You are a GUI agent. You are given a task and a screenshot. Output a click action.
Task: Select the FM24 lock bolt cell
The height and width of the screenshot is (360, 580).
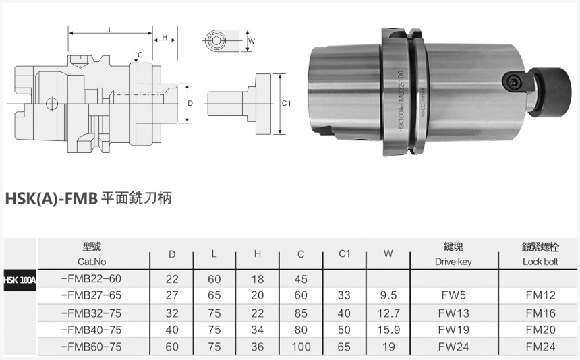[540, 347]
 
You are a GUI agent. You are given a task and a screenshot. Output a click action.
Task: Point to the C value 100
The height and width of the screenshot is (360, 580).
[301, 347]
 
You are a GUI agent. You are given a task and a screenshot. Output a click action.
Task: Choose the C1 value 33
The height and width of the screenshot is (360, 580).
[344, 295]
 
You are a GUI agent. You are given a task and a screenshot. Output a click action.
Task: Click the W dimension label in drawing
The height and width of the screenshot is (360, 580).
[252, 41]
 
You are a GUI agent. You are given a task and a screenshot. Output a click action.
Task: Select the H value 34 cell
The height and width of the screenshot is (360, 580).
[258, 330]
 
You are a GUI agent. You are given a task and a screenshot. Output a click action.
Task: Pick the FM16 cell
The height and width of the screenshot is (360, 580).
[540, 313]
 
